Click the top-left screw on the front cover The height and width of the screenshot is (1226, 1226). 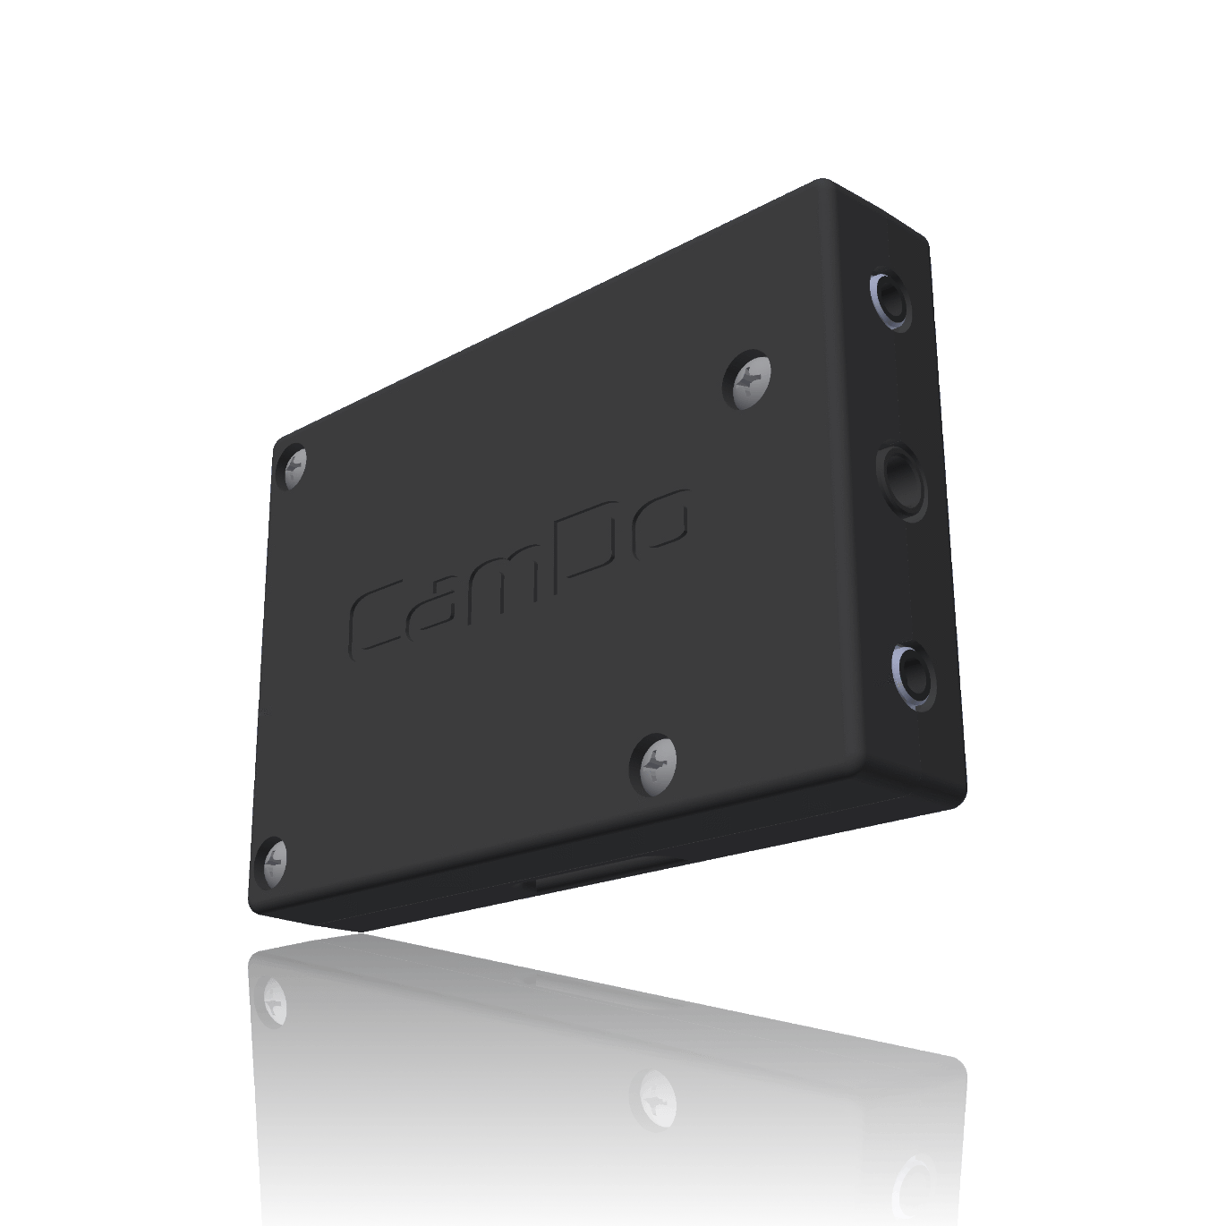pyautogui.click(x=294, y=466)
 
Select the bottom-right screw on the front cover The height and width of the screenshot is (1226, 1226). pyautogui.click(x=655, y=764)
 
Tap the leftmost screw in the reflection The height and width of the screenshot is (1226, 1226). pyautogui.click(x=273, y=999)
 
